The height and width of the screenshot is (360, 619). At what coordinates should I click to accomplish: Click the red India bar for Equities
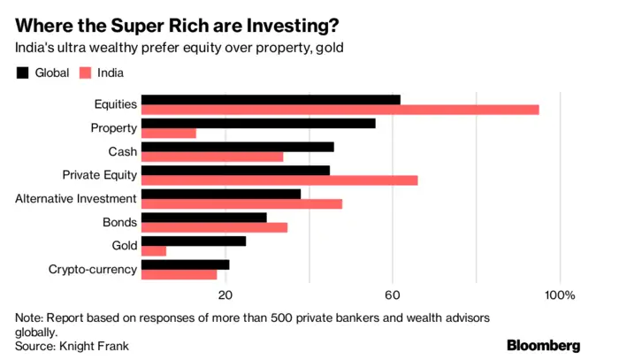[340, 110]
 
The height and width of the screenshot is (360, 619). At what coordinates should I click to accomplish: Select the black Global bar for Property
[257, 123]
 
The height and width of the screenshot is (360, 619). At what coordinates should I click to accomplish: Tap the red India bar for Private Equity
[279, 180]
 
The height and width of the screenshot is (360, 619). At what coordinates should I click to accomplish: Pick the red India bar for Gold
[153, 251]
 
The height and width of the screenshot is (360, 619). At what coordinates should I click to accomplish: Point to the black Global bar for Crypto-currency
[185, 264]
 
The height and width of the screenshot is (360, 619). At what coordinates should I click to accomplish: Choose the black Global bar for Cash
[237, 146]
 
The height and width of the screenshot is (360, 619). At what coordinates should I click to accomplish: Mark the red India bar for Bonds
[214, 227]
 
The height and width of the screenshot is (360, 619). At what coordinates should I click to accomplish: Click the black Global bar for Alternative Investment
[220, 193]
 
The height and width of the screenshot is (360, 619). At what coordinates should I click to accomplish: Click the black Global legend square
[23, 73]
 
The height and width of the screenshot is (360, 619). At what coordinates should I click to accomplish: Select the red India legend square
[87, 73]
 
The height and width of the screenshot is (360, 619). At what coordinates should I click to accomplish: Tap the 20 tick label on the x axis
[225, 295]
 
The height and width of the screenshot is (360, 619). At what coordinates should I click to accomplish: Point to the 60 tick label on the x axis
[392, 295]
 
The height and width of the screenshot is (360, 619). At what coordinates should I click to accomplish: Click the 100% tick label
[560, 295]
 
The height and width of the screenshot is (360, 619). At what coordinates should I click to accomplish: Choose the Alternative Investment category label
[75, 199]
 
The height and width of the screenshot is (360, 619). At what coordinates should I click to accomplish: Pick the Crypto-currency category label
[92, 269]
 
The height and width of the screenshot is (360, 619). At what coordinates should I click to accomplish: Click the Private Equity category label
[99, 175]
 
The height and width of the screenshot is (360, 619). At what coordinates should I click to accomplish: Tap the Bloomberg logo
[543, 344]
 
